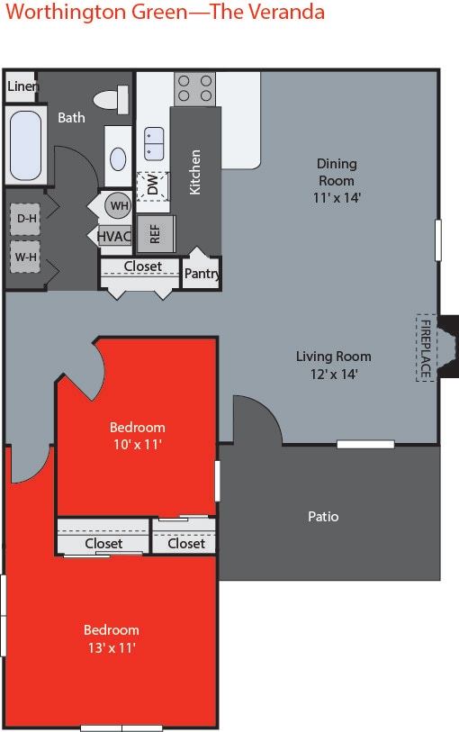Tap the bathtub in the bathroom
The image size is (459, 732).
25,145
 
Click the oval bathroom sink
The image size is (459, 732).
119,158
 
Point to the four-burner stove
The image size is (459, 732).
194,87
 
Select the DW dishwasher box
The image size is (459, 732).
153,186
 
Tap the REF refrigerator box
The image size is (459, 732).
155,231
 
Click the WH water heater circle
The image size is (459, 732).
118,205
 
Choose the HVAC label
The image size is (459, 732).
114,236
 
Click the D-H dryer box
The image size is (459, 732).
24,217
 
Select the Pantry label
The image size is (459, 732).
202,273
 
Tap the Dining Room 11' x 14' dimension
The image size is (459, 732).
337,197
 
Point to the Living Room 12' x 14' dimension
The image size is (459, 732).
334,374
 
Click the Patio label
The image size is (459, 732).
323,517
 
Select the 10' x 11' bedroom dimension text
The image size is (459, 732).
138,444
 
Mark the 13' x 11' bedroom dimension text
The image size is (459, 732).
112,646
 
